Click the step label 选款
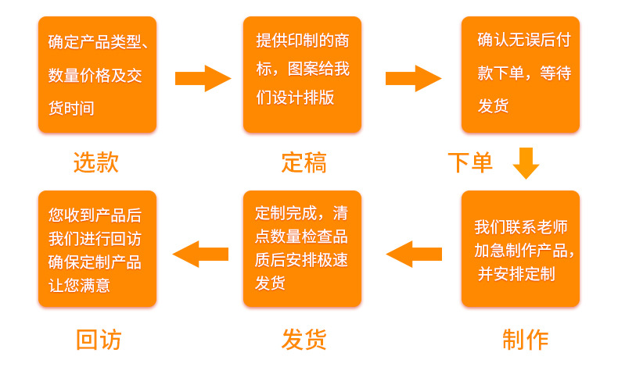[96, 162]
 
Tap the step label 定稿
[304, 162]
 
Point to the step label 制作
[525, 340]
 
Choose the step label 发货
[304, 340]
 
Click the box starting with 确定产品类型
[97, 75]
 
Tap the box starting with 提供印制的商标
[302, 75]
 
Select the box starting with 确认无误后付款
[520, 75]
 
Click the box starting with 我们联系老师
[520, 249]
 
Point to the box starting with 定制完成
[302, 249]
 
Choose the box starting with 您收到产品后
[97, 249]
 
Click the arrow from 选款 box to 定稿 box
[203, 78]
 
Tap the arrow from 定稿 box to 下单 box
[413, 78]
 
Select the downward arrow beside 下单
[526, 162]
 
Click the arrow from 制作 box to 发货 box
[414, 254]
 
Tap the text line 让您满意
[79, 285]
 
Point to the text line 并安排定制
[516, 273]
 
